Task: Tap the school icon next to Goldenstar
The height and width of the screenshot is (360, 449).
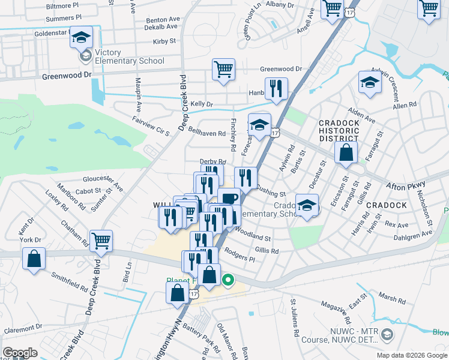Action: click(x=81, y=38)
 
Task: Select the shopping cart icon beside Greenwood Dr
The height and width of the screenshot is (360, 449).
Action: click(x=223, y=70)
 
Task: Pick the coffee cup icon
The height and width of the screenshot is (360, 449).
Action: click(x=229, y=199)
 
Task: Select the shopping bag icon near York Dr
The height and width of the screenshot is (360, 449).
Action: click(x=35, y=259)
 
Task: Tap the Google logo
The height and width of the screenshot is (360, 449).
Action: click(x=20, y=353)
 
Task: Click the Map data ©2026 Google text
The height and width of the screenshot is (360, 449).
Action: click(x=412, y=355)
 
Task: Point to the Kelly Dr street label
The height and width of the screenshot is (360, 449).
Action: click(x=201, y=104)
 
